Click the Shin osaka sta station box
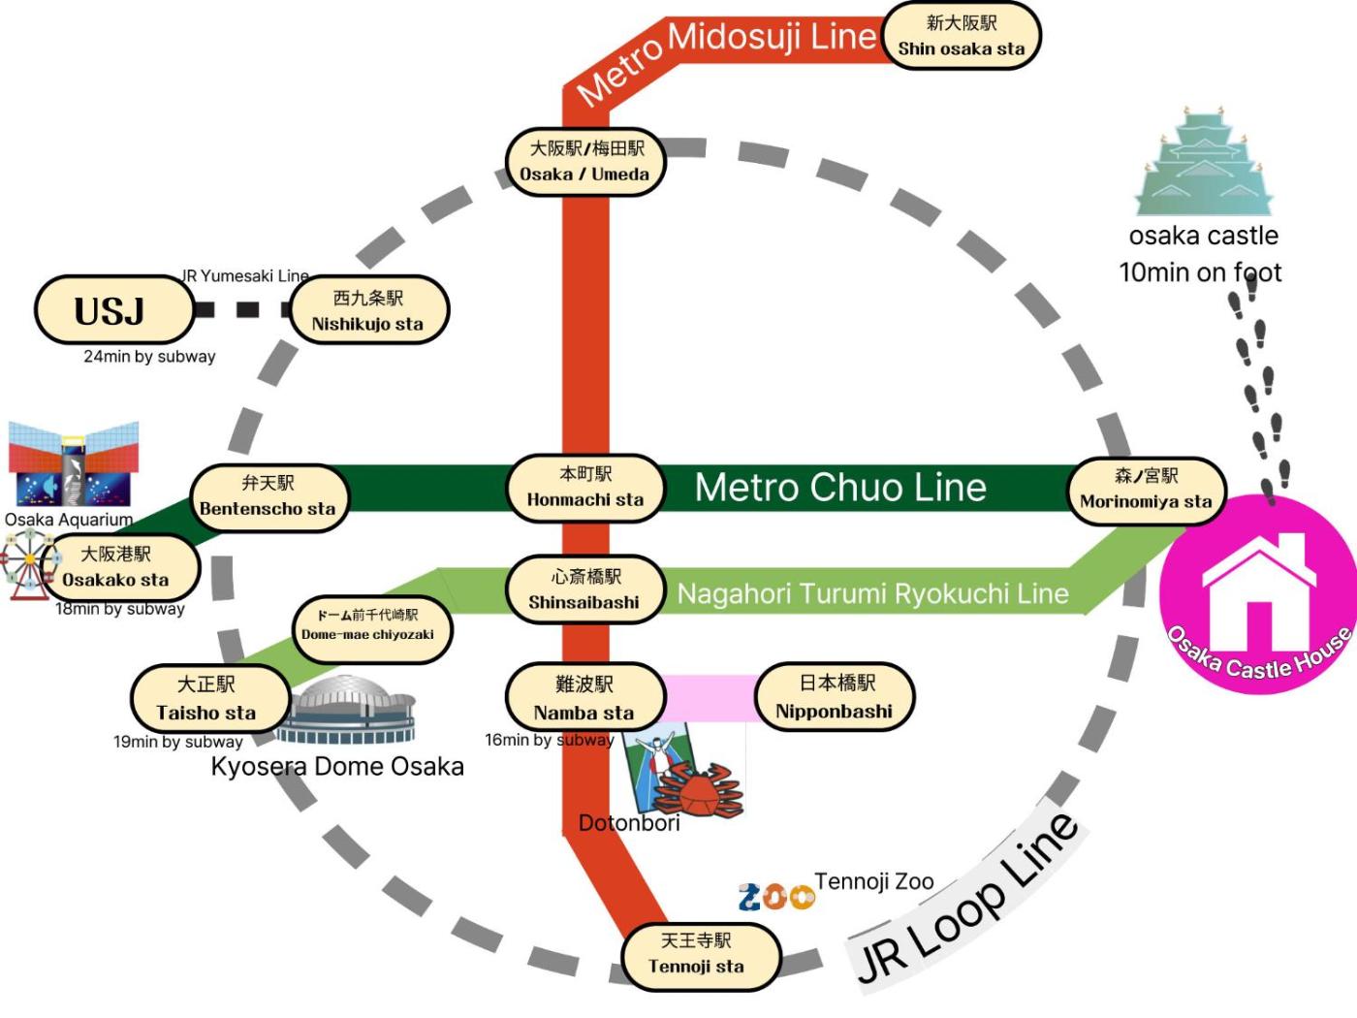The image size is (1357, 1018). [961, 36]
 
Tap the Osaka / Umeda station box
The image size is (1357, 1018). [584, 162]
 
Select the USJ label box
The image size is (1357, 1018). [112, 310]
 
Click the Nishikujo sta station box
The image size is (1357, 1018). [368, 310]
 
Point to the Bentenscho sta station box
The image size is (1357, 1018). [268, 496]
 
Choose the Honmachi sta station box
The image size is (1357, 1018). [585, 487]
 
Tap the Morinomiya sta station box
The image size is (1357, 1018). [1146, 489]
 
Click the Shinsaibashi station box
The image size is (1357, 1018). [584, 589]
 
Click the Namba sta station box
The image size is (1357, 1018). [584, 698]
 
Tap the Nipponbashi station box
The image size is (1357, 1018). [835, 697]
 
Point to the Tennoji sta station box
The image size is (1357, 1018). [698, 954]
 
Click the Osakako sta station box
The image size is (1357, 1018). [117, 567]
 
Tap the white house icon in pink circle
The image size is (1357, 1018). [1257, 593]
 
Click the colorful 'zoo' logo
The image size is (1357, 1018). [775, 897]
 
